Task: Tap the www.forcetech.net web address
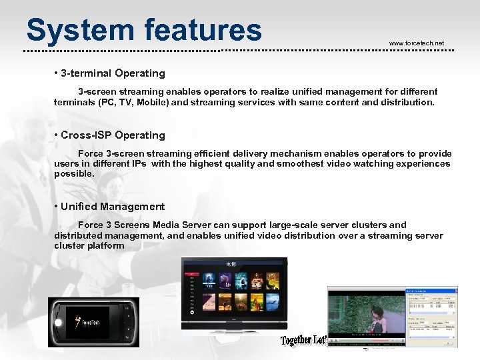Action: tap(416, 43)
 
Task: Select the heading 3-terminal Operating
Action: tap(113, 73)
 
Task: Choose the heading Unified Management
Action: tap(113, 207)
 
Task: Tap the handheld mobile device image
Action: tap(93, 321)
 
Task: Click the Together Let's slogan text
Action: tap(304, 340)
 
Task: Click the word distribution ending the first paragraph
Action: tap(407, 103)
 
